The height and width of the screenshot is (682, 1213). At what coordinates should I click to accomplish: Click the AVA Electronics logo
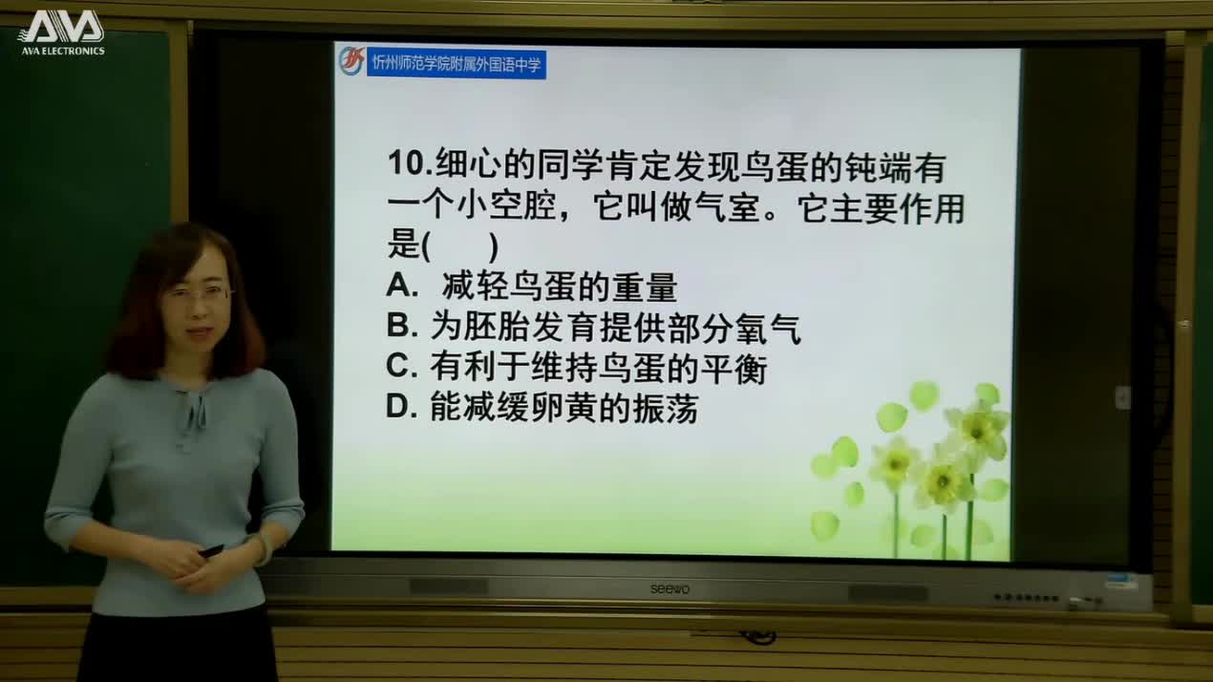61,32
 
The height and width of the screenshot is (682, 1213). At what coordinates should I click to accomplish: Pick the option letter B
398,327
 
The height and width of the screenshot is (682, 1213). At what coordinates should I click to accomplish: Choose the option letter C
398,367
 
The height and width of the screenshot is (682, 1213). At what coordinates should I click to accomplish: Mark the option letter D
398,408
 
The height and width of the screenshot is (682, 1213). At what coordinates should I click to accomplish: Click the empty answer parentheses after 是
459,246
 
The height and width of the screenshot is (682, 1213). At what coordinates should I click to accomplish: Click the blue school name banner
457,65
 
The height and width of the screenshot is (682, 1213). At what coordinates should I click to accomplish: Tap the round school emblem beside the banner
351,60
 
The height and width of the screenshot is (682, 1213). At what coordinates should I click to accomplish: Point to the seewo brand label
670,588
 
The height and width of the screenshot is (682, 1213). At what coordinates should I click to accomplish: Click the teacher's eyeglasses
198,294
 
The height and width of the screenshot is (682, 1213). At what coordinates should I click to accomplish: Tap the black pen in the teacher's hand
211,550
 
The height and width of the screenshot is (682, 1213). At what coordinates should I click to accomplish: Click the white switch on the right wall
1123,397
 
